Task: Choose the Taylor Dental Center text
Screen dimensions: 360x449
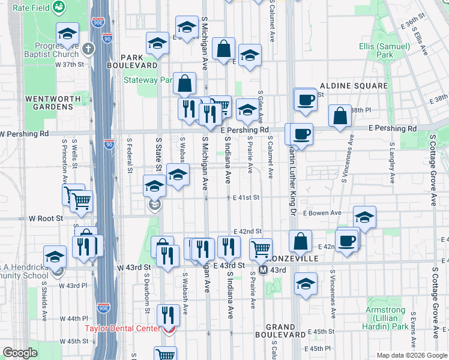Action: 122,328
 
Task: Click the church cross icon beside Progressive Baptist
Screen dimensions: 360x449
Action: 88,48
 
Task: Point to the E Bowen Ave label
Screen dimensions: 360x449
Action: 322,213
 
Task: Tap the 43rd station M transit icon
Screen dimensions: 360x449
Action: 263,270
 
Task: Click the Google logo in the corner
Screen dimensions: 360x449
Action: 20,353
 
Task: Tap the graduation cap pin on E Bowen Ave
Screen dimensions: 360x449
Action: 364,217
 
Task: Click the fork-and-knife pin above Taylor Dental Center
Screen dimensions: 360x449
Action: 167,314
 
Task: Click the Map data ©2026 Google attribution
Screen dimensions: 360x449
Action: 411,355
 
